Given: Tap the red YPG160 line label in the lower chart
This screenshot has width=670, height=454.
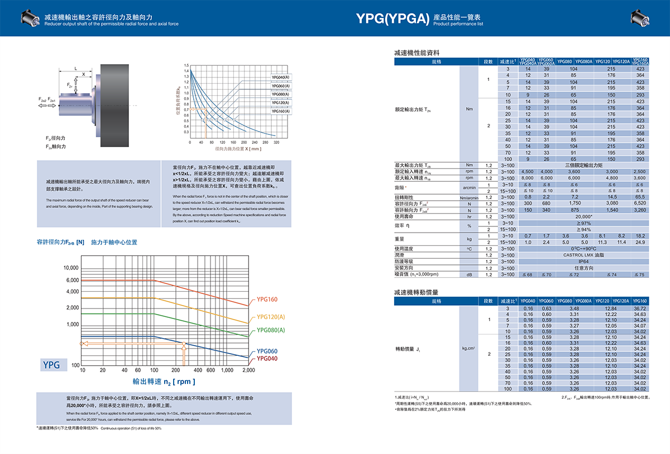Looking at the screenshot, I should [x=266, y=300].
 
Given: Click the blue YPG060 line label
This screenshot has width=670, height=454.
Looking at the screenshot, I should [x=267, y=351].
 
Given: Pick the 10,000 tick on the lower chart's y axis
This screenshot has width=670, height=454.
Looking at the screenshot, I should [x=71, y=268].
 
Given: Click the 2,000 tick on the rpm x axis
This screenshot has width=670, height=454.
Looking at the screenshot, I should [x=248, y=370].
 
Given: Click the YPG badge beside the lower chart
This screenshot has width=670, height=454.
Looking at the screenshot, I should [x=51, y=365].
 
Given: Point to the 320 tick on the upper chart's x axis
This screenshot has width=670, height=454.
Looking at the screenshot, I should [x=276, y=142].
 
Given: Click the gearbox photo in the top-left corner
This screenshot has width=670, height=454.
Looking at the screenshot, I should [x=32, y=18].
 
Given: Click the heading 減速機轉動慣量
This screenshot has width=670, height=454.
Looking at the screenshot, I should [x=416, y=292].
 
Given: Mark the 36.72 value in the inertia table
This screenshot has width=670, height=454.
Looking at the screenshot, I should [x=640, y=308].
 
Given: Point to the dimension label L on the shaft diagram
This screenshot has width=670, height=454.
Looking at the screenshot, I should [x=76, y=69].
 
